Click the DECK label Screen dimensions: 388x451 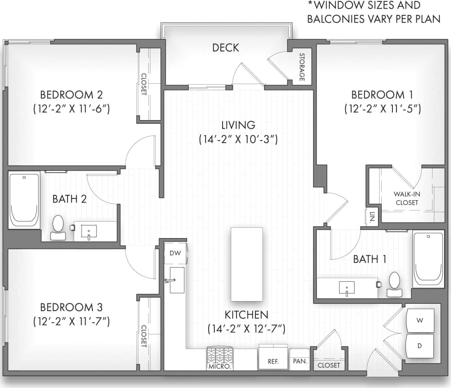[226, 48]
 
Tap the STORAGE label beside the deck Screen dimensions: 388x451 [302, 68]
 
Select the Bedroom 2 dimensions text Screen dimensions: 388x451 [72, 109]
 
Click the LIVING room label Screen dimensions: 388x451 [238, 125]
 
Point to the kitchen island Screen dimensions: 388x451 [246, 264]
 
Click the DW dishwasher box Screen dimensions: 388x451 [175, 253]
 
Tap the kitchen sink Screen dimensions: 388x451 [177, 280]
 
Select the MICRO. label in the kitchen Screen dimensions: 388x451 [219, 366]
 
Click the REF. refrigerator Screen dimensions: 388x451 [273, 361]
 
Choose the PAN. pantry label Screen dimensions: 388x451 [299, 361]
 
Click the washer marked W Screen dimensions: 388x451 [420, 320]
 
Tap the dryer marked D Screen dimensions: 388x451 [420, 346]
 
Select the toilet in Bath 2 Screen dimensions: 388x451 [58, 227]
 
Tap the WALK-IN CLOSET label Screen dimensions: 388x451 [406, 198]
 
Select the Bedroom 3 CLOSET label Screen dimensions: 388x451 [144, 336]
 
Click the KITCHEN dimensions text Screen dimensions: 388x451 [246, 329]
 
